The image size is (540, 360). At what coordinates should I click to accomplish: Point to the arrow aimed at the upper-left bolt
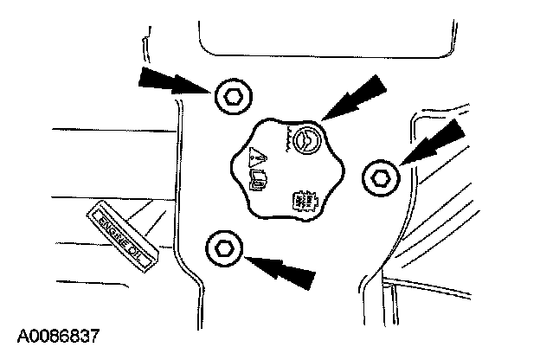pyautogui.click(x=173, y=82)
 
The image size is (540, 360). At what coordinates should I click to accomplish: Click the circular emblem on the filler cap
pyautogui.click(x=305, y=139)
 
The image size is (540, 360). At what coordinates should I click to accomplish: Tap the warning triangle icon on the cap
pyautogui.click(x=256, y=157)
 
